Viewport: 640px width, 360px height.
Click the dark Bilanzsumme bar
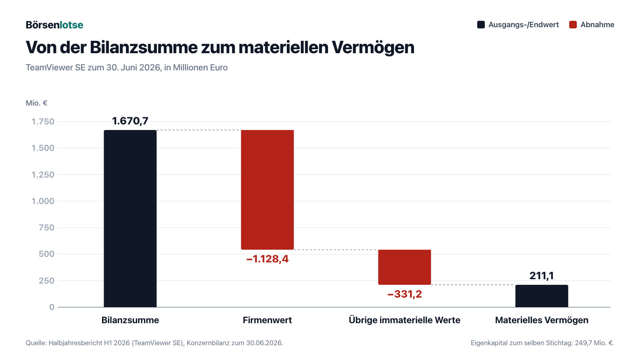tap(130, 218)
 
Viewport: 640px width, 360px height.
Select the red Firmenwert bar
tap(268, 190)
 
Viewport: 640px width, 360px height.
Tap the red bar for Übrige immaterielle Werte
tap(404, 267)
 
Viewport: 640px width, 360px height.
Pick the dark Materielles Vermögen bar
tap(542, 296)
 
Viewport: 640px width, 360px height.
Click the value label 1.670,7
tap(130, 121)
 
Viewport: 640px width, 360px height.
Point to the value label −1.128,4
tap(268, 259)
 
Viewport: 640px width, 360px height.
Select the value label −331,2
tap(404, 294)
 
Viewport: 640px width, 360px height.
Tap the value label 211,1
tap(542, 276)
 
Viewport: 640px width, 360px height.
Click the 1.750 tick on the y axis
tap(42, 122)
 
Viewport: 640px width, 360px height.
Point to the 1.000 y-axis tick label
tap(42, 201)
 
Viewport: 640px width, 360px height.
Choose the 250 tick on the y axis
tap(46, 280)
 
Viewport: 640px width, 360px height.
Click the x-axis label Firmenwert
tap(268, 320)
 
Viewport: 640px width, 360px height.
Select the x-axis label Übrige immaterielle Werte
tap(404, 320)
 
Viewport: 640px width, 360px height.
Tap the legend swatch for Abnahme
tap(573, 24)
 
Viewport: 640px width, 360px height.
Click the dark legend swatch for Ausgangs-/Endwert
tap(481, 24)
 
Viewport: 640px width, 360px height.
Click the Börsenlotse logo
tap(54, 25)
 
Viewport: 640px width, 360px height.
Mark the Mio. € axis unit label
tap(36, 103)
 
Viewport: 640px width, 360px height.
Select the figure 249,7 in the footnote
tap(583, 343)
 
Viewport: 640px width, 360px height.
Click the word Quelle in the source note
tap(36, 343)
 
